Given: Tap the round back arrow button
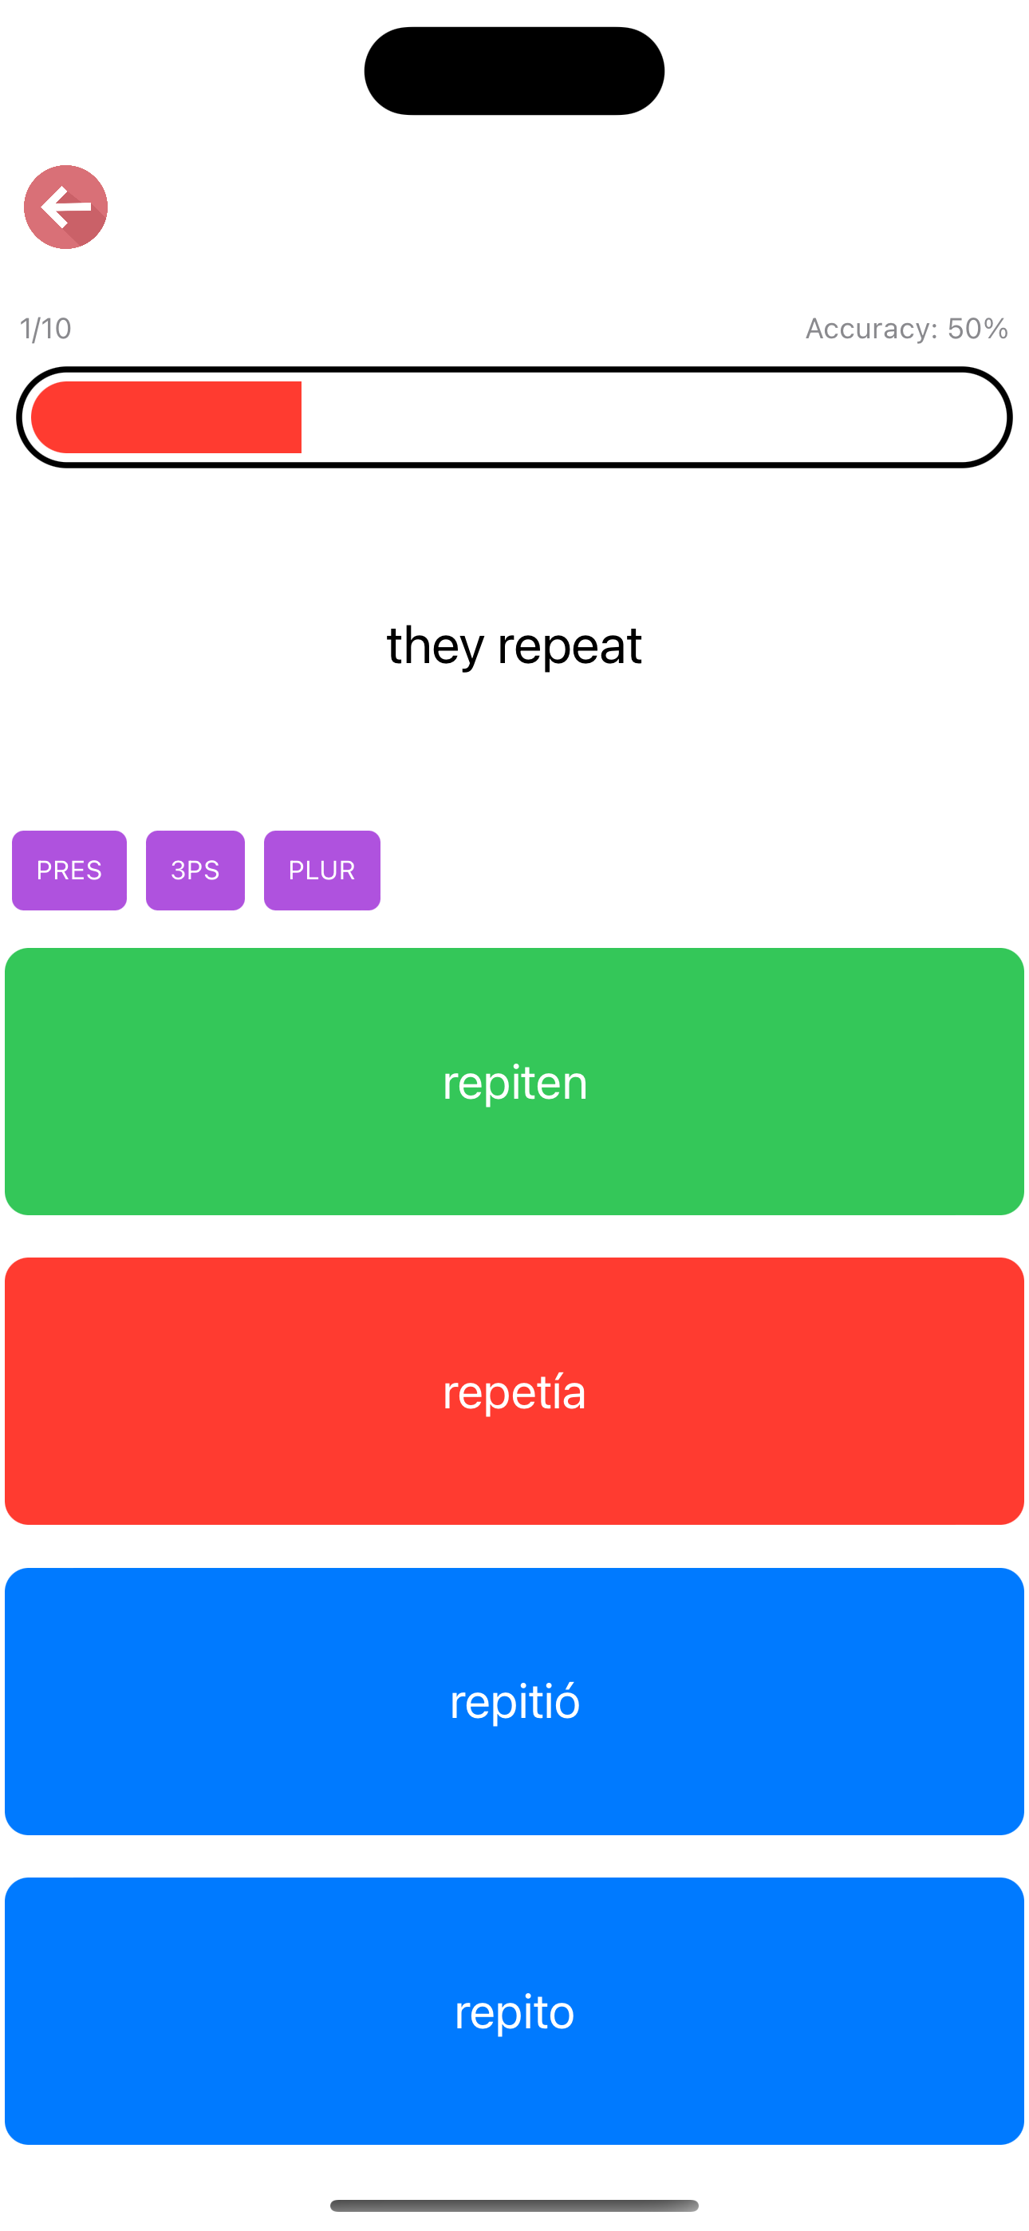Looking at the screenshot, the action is pyautogui.click(x=66, y=207).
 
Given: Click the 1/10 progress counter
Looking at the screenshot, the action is pyautogui.click(x=46, y=328).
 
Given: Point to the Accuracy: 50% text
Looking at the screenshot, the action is pyautogui.click(x=907, y=328).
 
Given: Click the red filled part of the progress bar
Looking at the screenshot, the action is pyautogui.click(x=166, y=417).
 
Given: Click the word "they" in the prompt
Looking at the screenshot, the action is pyautogui.click(x=435, y=646).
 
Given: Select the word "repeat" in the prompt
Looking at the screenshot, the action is pyautogui.click(x=570, y=646).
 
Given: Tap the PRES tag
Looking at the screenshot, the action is pyautogui.click(x=69, y=871).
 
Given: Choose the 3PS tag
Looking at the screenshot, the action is pyautogui.click(x=195, y=871).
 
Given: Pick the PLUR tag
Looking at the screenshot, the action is pyautogui.click(x=322, y=871).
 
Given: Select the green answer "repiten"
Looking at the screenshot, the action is pyautogui.click(x=514, y=1082).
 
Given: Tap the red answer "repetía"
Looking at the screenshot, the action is pyautogui.click(x=514, y=1391).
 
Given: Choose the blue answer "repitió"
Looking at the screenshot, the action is pyautogui.click(x=514, y=1701).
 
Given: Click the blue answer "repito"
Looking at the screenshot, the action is pyautogui.click(x=514, y=2011).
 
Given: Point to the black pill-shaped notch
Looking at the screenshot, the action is pyautogui.click(x=514, y=71).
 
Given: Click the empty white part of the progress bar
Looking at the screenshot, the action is pyautogui.click(x=649, y=417).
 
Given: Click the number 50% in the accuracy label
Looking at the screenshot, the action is pyautogui.click(x=978, y=328).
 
